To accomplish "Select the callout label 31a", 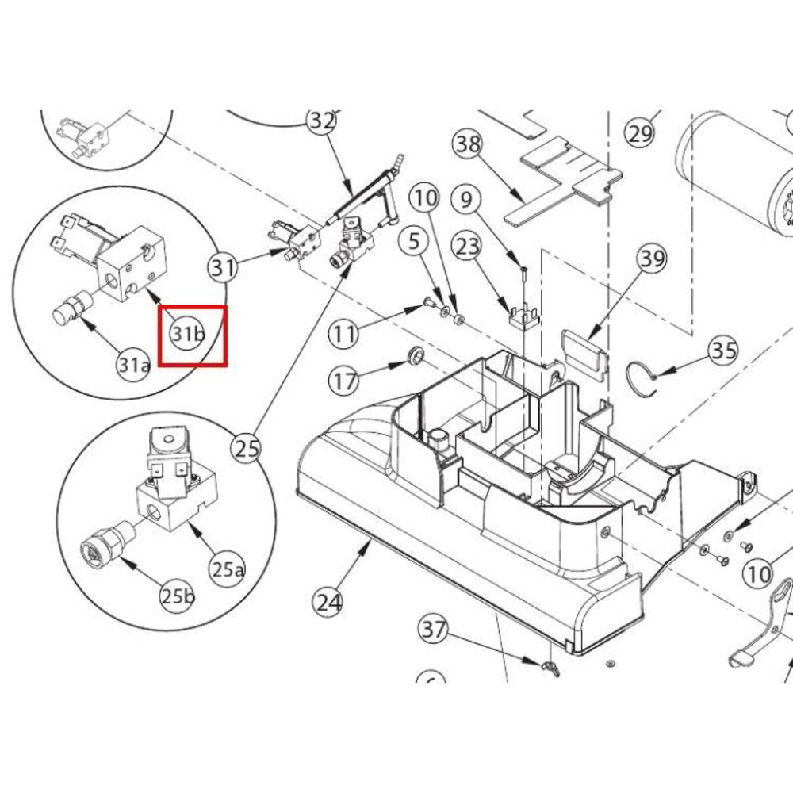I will coord(133,365).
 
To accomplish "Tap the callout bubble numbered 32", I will coord(322,121).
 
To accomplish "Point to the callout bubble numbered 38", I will coord(467,144).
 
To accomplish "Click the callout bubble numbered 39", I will coord(653,259).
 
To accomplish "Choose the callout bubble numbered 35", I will coord(723,351).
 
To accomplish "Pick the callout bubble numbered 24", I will coord(328,603).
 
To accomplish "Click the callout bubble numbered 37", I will coord(433,632).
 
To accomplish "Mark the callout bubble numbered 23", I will coord(465,247).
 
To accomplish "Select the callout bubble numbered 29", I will coord(639,132).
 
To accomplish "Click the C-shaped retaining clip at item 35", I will coord(644,377).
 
